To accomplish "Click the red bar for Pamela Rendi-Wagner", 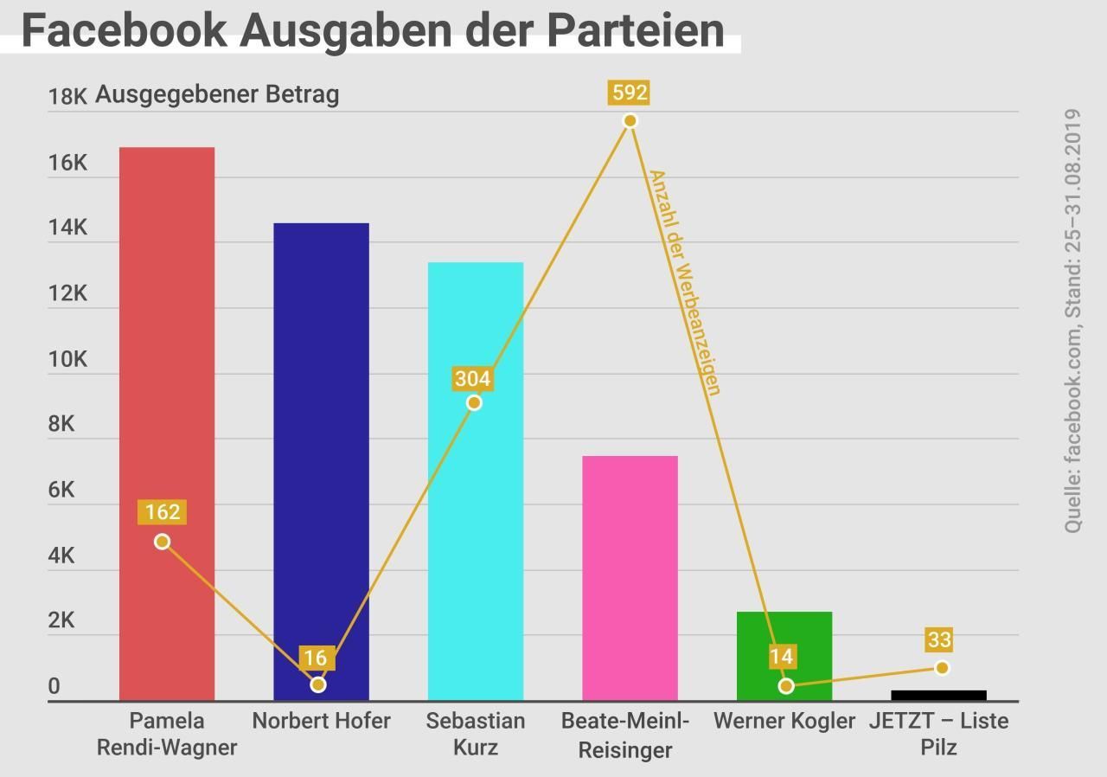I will (167, 346).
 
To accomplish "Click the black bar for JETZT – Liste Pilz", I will (938, 695).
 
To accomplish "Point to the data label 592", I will (629, 93).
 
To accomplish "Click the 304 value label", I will (472, 379).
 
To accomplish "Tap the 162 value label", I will (163, 512).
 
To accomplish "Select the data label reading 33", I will (939, 640).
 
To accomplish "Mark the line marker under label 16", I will (318, 684).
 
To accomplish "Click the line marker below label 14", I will (785, 685).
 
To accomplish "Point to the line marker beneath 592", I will (630, 120).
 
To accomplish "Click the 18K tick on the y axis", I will (67, 97).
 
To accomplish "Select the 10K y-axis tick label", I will (67, 359).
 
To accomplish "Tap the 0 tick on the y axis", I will (54, 687).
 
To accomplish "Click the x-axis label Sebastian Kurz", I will (476, 734).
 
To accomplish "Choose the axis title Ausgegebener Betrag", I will (217, 94).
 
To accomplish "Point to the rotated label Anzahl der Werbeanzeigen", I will (684, 282).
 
